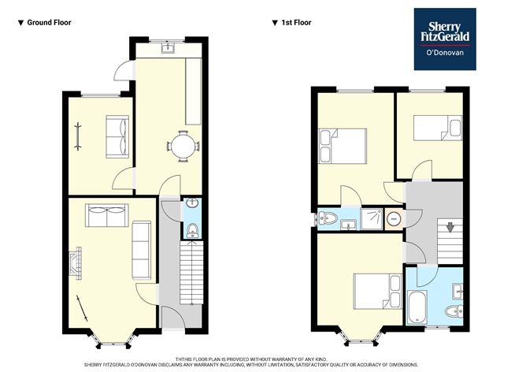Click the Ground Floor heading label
coord(49,23)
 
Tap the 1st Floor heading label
coord(296,23)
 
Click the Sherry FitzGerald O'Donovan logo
coord(445,39)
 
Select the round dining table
coord(183,147)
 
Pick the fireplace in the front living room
coord(76,263)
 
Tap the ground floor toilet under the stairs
coord(193,230)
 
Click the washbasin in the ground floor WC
coord(192,203)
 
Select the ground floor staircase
coord(191,273)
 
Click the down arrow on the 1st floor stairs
coord(450,227)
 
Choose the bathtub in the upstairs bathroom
coord(417,307)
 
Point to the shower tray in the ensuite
coord(372,219)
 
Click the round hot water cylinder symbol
coord(394,219)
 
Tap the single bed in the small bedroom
coord(438,128)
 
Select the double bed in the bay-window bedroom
coord(377,291)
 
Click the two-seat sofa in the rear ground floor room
coord(117,136)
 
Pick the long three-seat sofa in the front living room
coord(141,250)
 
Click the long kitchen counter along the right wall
coord(194,91)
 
